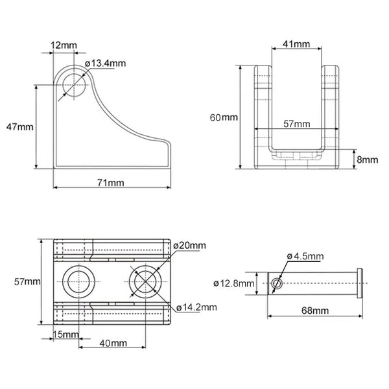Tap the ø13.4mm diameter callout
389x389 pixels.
[105, 63]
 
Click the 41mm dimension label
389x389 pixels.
[296, 44]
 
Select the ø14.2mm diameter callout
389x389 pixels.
[196, 307]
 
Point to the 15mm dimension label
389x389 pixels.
[65, 335]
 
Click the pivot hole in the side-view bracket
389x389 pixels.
[74, 83]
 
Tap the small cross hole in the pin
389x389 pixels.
[277, 283]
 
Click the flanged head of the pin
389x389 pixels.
[360, 283]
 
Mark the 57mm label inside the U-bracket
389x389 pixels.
[296, 123]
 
